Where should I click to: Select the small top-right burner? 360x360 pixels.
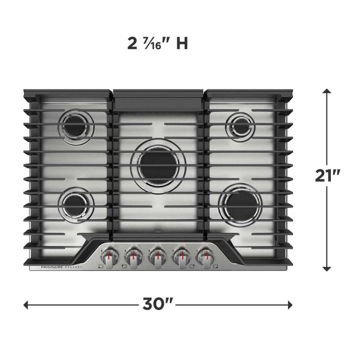click(x=241, y=126)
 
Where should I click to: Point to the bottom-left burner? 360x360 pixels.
click(x=75, y=204)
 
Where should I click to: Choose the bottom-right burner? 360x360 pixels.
click(x=240, y=204)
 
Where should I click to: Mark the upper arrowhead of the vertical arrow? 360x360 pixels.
click(x=326, y=92)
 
